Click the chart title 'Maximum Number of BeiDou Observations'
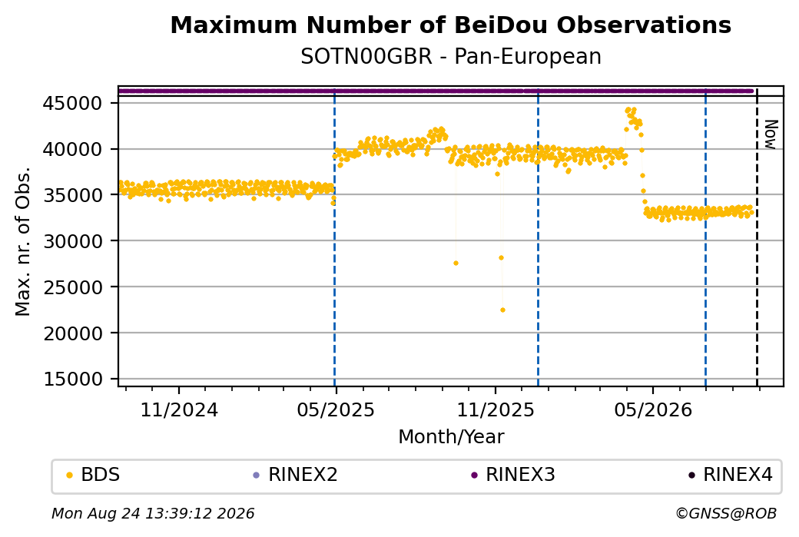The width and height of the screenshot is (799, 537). (x=450, y=25)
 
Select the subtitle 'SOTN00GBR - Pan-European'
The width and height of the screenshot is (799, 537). (x=450, y=56)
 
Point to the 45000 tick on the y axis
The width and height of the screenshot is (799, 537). (x=72, y=104)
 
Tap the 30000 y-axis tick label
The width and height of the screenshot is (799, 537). (x=72, y=241)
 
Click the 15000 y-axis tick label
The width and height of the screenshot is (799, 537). (x=72, y=379)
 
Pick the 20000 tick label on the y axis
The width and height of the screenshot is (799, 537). (x=72, y=333)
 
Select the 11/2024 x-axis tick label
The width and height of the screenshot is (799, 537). (x=179, y=409)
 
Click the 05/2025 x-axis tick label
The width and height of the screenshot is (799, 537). (x=336, y=409)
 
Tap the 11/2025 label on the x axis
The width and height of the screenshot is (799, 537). (x=496, y=409)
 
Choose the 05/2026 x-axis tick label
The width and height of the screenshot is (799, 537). (x=653, y=409)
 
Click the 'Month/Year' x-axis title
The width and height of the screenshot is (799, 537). (x=451, y=436)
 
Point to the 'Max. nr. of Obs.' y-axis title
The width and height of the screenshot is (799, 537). (x=23, y=241)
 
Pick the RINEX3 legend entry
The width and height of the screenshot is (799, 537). (x=513, y=475)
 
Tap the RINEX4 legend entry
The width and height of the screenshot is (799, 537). (x=731, y=475)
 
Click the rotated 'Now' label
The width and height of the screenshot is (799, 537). (x=771, y=134)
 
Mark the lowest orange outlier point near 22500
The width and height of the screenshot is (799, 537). (x=503, y=310)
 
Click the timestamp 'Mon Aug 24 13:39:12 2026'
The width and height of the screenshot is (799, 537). (x=153, y=513)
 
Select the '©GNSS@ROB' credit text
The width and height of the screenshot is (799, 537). (x=727, y=513)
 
